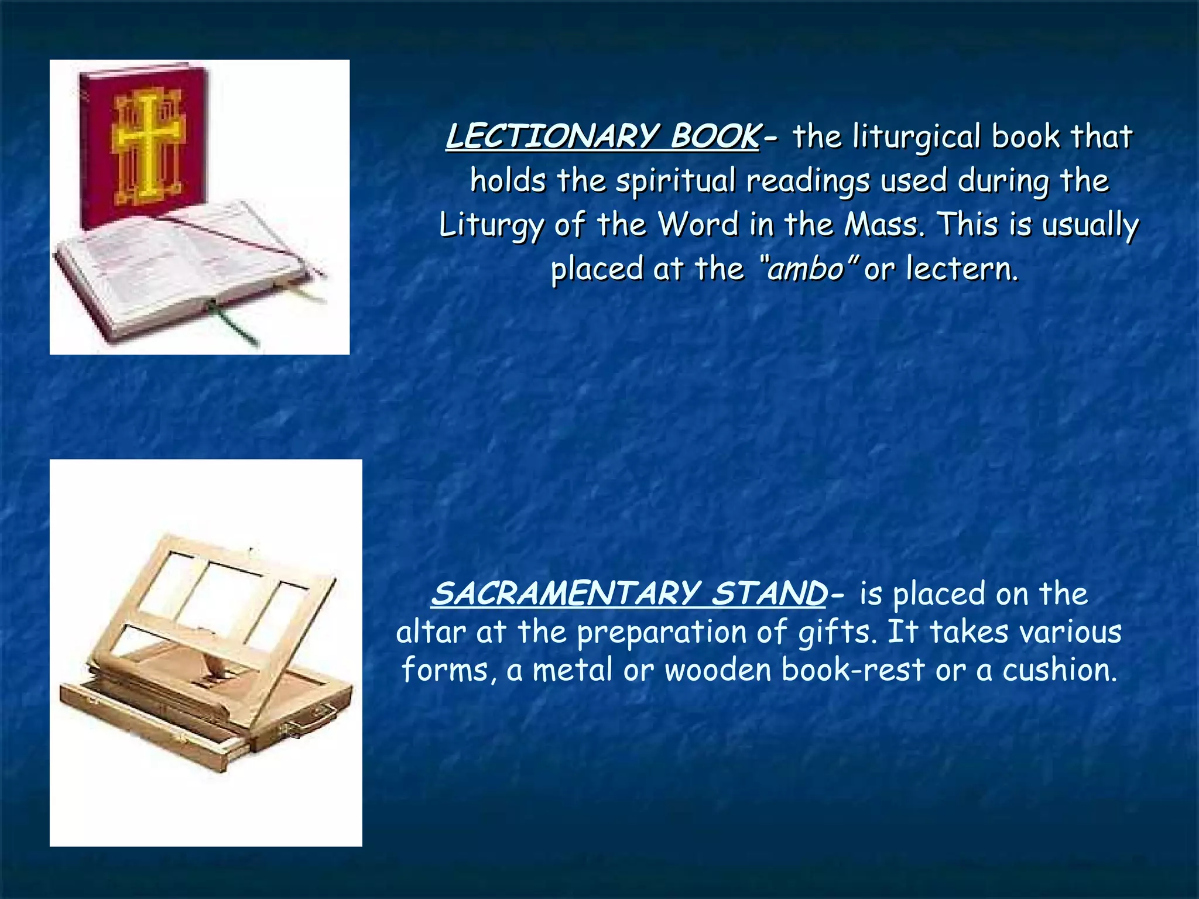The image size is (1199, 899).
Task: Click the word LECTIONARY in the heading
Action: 553,136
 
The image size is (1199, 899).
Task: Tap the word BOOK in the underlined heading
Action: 714,136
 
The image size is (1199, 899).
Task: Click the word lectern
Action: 962,269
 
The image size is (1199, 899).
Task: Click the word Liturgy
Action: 491,225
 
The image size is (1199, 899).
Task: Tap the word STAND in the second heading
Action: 768,593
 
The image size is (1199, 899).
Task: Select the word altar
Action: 430,632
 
